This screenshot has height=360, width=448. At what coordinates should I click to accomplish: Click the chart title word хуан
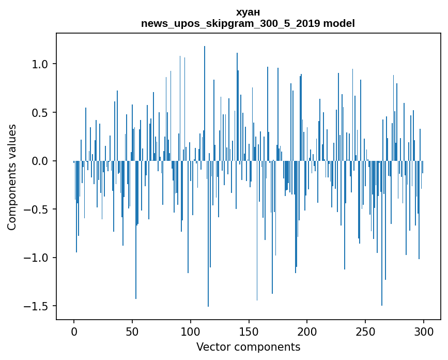click(248, 12)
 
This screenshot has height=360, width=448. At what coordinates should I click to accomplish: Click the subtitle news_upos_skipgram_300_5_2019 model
click(248, 24)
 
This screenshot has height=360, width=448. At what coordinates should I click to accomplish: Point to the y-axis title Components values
click(12, 177)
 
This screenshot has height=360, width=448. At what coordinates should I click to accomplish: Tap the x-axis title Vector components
click(248, 347)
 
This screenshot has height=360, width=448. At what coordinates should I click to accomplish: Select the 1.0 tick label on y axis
click(40, 64)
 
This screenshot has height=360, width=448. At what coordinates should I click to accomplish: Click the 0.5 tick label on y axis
click(40, 113)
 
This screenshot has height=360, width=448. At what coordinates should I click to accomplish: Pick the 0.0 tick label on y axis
click(40, 161)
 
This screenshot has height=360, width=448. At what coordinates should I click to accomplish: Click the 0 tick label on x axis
click(74, 331)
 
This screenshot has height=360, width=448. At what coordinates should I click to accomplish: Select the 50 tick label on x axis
click(132, 331)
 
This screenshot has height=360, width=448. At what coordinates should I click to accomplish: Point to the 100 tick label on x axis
click(191, 331)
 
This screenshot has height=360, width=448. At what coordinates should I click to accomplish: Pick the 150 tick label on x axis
click(249, 331)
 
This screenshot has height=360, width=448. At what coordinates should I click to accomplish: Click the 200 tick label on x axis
click(307, 331)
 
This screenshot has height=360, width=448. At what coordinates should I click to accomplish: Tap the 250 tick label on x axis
click(365, 331)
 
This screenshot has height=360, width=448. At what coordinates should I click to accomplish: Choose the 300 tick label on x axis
click(424, 331)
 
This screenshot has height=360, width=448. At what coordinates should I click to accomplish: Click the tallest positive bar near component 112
click(205, 103)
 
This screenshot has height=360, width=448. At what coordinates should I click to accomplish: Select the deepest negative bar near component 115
click(208, 233)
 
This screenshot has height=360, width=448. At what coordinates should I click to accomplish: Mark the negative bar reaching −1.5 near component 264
click(382, 233)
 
